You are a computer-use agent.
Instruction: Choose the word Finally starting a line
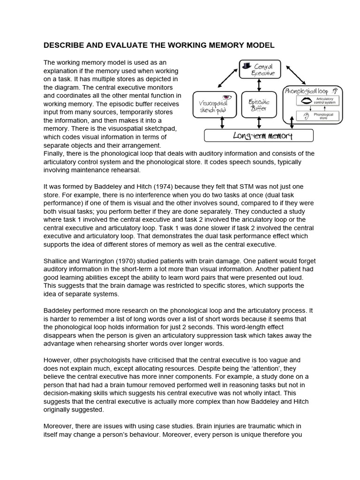tap(55, 153)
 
